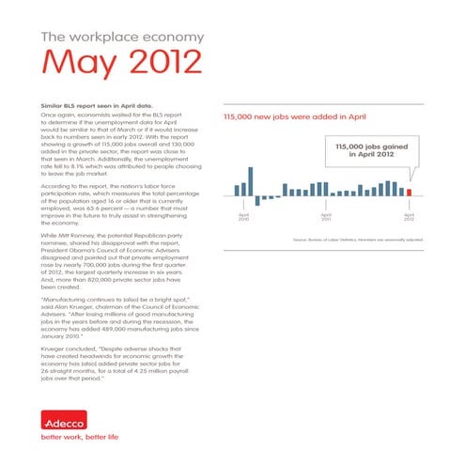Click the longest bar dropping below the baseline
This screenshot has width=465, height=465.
pos(257,199)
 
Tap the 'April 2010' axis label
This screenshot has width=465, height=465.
pos(244,217)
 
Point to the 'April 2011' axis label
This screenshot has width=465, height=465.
pos(326,217)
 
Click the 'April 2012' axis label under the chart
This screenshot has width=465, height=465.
pos(409,217)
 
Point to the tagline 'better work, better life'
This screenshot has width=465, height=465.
pos(80,437)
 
